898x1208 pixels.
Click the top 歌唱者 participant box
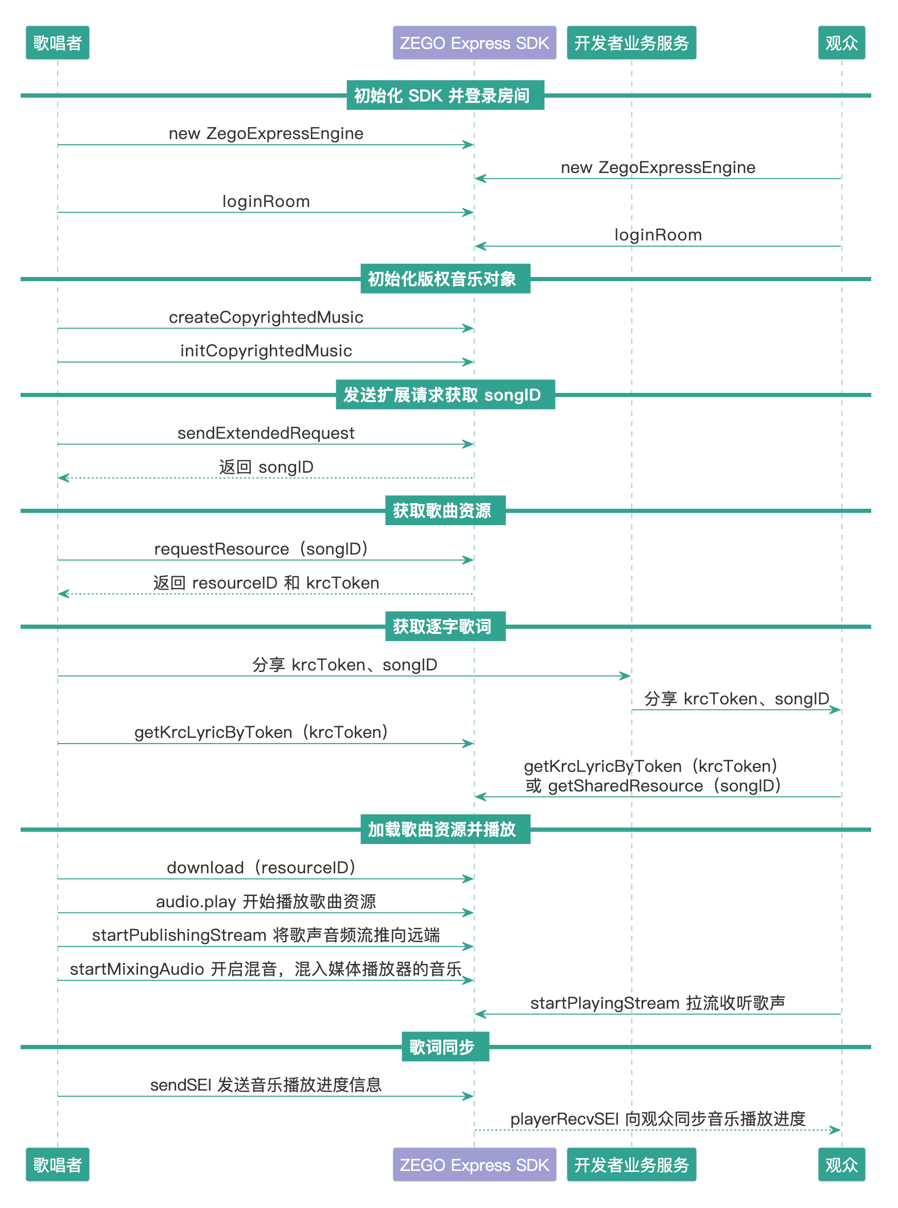[x=57, y=42]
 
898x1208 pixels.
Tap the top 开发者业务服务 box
[x=631, y=42]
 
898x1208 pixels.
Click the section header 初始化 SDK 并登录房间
[x=445, y=95]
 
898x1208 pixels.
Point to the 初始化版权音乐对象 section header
[x=445, y=279]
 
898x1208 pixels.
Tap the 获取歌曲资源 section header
[x=445, y=510]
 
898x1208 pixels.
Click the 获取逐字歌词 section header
[x=445, y=626]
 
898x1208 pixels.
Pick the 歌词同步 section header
[x=445, y=1046]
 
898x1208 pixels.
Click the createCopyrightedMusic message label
[x=266, y=317]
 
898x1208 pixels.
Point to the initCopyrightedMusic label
[x=266, y=351]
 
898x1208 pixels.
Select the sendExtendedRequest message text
[x=266, y=433]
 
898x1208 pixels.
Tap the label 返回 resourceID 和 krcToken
[x=266, y=583]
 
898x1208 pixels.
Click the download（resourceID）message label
[x=261, y=867]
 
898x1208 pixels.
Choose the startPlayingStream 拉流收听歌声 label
[x=658, y=1003]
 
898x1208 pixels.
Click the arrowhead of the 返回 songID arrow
[x=62, y=477]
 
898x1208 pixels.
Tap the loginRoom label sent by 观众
[x=658, y=235]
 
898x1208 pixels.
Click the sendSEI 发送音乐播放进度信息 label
[x=266, y=1084]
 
